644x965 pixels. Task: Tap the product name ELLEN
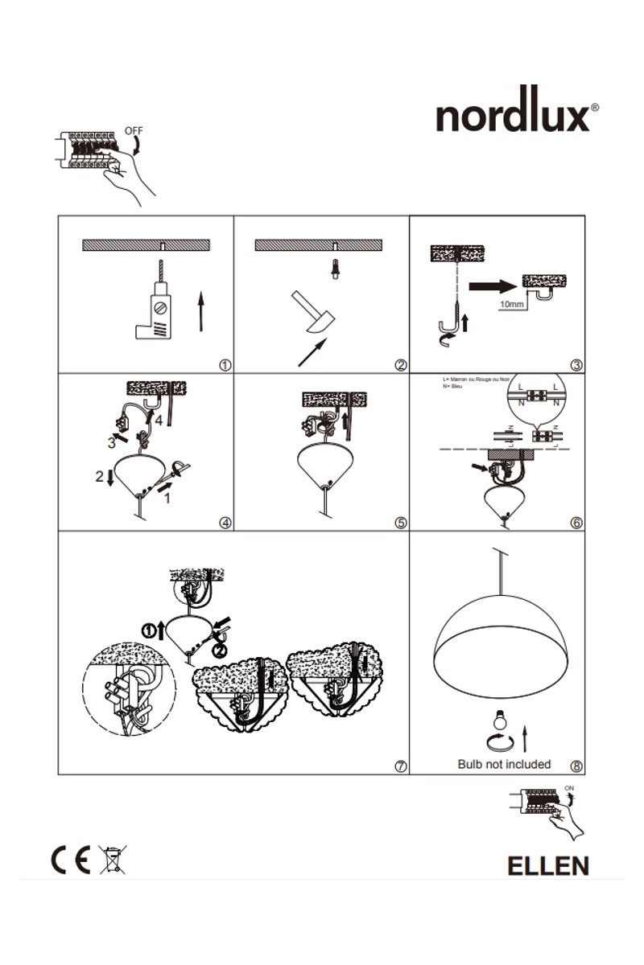(x=547, y=865)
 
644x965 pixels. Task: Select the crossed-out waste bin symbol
(x=112, y=860)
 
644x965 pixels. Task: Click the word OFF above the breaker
(x=134, y=129)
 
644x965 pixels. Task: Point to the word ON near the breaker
(x=570, y=787)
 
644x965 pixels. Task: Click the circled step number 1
(x=225, y=364)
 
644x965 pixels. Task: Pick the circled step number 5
(x=401, y=523)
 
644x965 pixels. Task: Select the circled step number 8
(x=576, y=766)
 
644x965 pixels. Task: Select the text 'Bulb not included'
(x=504, y=764)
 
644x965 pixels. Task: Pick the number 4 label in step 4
(x=159, y=420)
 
